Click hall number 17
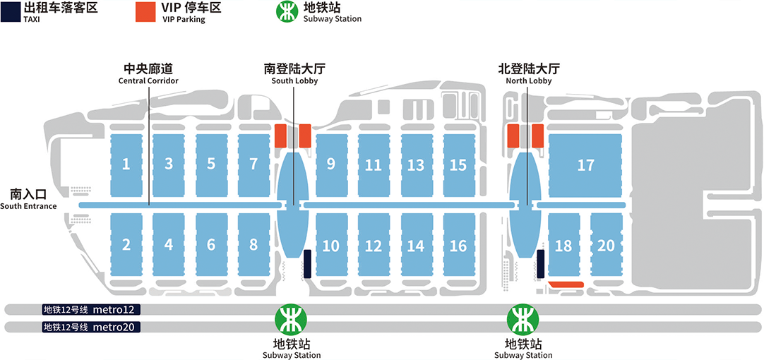point(585,165)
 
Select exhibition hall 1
point(126,165)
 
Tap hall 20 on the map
point(606,246)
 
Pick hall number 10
point(331,246)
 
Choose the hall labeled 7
point(253,165)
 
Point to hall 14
point(416,246)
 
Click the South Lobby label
point(294,74)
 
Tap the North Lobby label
point(528,74)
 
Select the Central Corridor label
point(148,74)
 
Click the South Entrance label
point(28,198)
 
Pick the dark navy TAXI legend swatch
point(9,12)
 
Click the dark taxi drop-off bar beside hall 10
point(307,263)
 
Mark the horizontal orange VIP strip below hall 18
point(566,284)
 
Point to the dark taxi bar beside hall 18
point(540,263)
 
